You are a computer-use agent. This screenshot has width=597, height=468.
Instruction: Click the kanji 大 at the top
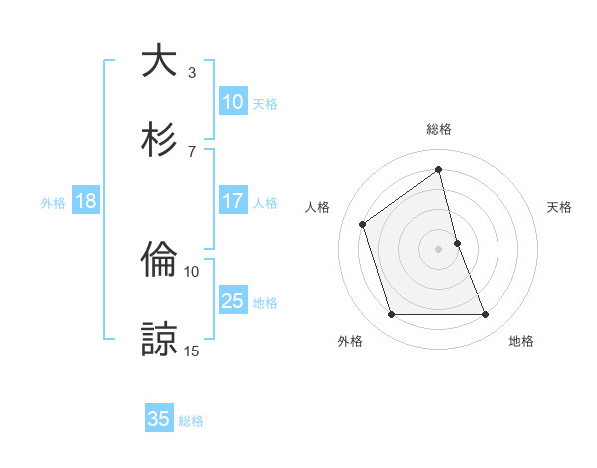159,60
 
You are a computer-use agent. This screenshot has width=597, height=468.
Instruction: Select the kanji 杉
159,139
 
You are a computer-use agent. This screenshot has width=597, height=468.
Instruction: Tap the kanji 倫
159,260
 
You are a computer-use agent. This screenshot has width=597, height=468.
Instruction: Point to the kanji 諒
159,339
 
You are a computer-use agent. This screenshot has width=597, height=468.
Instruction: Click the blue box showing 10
233,102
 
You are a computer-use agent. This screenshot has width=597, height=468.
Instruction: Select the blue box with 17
233,201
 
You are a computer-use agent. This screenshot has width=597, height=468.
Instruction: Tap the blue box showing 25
233,301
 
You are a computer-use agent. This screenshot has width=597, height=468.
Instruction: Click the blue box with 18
86,201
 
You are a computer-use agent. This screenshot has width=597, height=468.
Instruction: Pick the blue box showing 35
159,419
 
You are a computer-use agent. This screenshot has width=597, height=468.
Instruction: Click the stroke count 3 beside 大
192,72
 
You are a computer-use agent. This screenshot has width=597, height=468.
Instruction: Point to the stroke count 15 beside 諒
192,351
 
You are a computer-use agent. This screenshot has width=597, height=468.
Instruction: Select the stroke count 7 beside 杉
192,151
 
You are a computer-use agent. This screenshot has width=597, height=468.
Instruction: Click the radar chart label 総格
439,129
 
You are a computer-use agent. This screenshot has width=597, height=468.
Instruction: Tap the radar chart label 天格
560,207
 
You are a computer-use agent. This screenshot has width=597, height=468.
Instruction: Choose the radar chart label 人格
318,207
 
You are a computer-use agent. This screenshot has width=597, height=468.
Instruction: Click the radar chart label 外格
350,341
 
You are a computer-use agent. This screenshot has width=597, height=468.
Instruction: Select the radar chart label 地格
521,341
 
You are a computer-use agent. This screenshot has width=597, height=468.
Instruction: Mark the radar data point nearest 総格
439,170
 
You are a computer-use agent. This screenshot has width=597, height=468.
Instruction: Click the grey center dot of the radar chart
439,248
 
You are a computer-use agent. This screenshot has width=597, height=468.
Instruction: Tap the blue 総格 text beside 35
191,421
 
